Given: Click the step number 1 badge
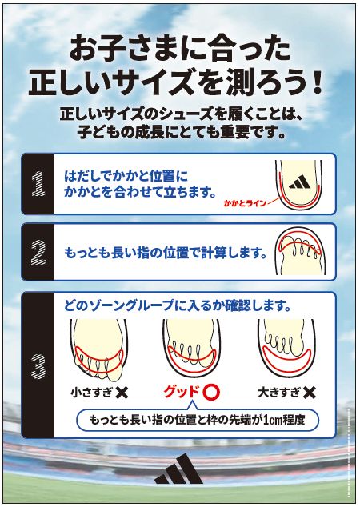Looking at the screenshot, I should [x=36, y=184].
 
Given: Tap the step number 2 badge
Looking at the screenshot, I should [x=36, y=251].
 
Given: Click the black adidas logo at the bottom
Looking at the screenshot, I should [x=179, y=471].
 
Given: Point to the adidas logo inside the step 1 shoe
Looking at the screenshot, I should [x=302, y=182].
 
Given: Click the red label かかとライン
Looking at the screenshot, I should [x=242, y=204].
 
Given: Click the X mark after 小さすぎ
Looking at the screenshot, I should [x=122, y=393].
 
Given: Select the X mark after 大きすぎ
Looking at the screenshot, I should [x=309, y=393].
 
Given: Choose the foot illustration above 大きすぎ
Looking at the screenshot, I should [x=284, y=349].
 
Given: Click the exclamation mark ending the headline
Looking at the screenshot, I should [x=318, y=82].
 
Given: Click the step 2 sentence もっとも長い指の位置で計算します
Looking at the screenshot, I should [x=164, y=252].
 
